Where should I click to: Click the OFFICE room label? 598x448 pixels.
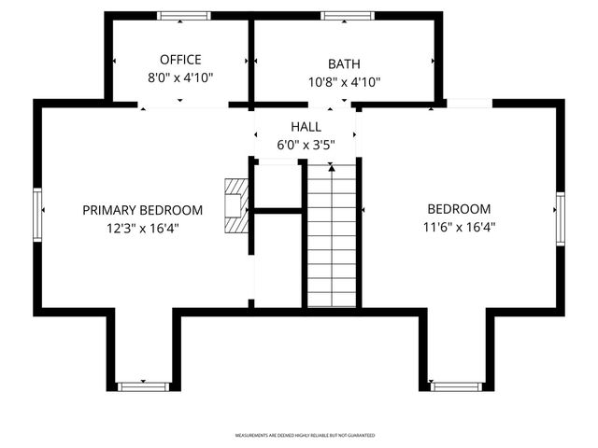pos(180,60)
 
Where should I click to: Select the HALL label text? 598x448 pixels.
pos(305,127)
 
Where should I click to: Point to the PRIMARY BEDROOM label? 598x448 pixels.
pos(142,209)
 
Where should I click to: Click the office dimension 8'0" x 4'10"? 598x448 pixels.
pos(180,77)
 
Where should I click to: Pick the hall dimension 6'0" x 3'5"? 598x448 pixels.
pos(305,145)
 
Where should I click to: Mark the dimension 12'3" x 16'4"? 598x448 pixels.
pos(142,227)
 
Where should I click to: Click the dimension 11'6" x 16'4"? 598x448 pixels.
pos(458,227)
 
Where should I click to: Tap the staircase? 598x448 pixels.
pos(332,243)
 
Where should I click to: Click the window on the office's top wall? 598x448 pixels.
pos(183,16)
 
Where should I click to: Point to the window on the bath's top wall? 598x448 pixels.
pos(348,16)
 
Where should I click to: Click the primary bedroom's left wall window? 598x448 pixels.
pos(38,216)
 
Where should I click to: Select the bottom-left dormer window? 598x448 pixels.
pos(143,385)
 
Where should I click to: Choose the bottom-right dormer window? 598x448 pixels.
pos(456,385)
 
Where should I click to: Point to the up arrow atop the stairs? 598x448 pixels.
pos(332,168)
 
